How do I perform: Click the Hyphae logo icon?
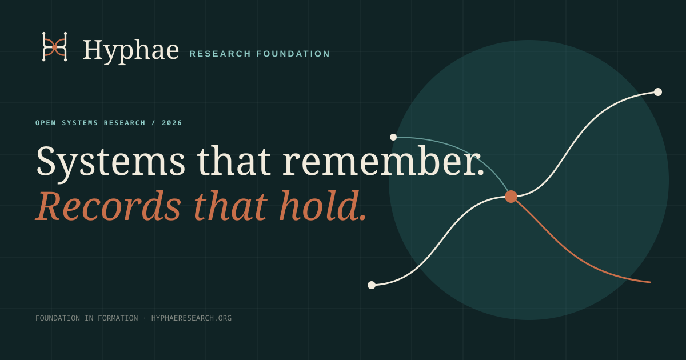pos(54,46)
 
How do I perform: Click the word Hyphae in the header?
pos(131,50)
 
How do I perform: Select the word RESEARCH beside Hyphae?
pos(220,54)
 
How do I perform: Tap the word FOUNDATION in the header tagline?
pos(293,54)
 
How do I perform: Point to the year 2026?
pos(172,123)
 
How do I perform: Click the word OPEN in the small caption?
pos(46,123)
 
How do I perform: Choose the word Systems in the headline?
pos(110,162)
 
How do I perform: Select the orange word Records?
pos(109,205)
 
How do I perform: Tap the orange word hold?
pos(323,205)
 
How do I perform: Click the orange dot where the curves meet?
pos(511,197)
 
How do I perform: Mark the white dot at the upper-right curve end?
pos(658,92)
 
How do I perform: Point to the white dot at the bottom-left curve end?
pos(372,285)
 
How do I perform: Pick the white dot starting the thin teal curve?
pos(393,137)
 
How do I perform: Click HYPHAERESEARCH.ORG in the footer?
pos(192,318)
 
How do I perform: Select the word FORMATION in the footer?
pos(118,318)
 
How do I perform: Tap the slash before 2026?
pos(153,123)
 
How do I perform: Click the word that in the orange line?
pos(230,205)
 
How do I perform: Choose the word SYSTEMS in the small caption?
pos(80,123)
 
